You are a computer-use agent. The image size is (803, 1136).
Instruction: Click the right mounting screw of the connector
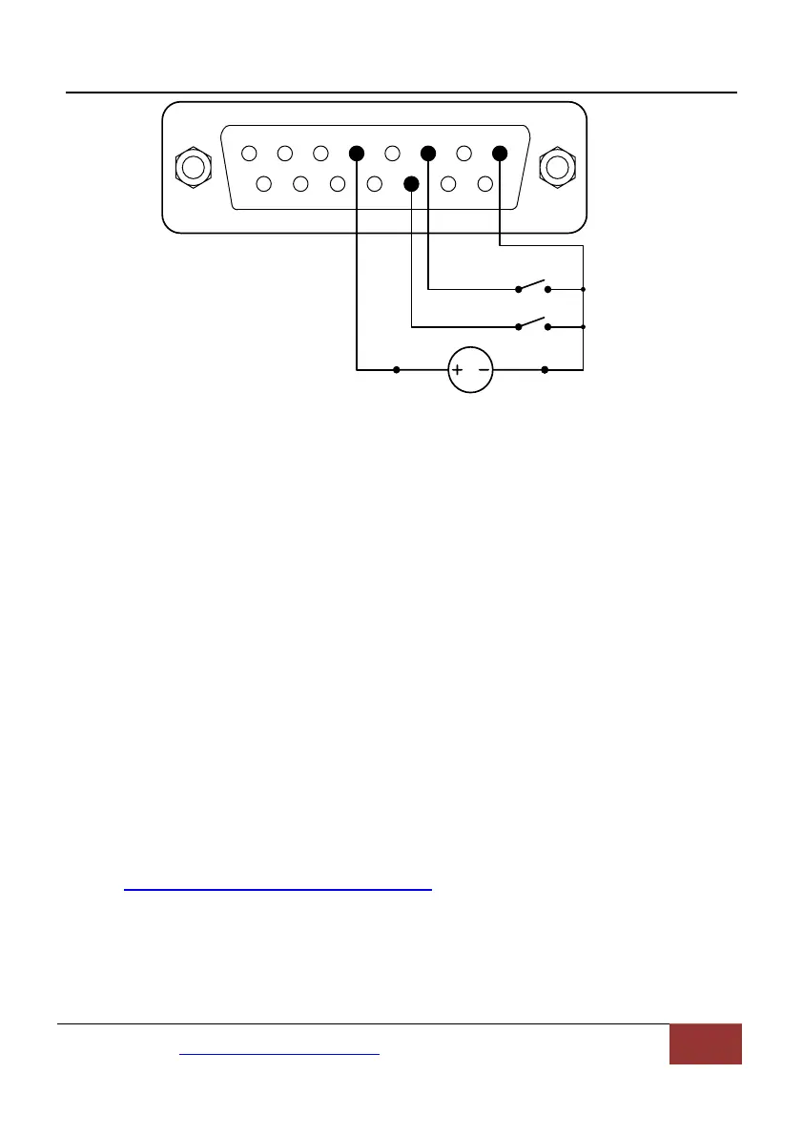tap(556, 167)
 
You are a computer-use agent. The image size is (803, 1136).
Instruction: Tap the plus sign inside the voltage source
tap(457, 369)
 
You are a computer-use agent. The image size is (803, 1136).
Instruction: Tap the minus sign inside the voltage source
tap(483, 369)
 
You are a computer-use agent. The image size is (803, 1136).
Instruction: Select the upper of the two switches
tap(532, 286)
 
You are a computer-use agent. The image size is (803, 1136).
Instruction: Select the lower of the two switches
tap(532, 325)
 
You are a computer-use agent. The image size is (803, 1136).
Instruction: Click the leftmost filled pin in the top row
tap(357, 153)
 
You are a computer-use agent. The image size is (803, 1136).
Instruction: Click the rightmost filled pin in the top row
tap(500, 153)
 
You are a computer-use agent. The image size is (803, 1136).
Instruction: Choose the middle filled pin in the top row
tap(428, 153)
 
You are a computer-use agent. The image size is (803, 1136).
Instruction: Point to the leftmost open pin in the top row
tap(249, 153)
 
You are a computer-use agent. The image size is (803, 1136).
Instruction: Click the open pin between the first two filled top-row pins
tap(391, 153)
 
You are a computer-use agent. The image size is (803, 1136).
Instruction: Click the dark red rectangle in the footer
tap(706, 1043)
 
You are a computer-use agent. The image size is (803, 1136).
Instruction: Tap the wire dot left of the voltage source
tap(397, 369)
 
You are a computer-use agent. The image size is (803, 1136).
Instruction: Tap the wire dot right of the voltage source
tap(545, 369)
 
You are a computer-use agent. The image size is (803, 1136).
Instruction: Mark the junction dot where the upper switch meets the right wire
tap(583, 288)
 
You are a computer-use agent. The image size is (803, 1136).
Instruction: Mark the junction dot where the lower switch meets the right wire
tap(583, 327)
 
